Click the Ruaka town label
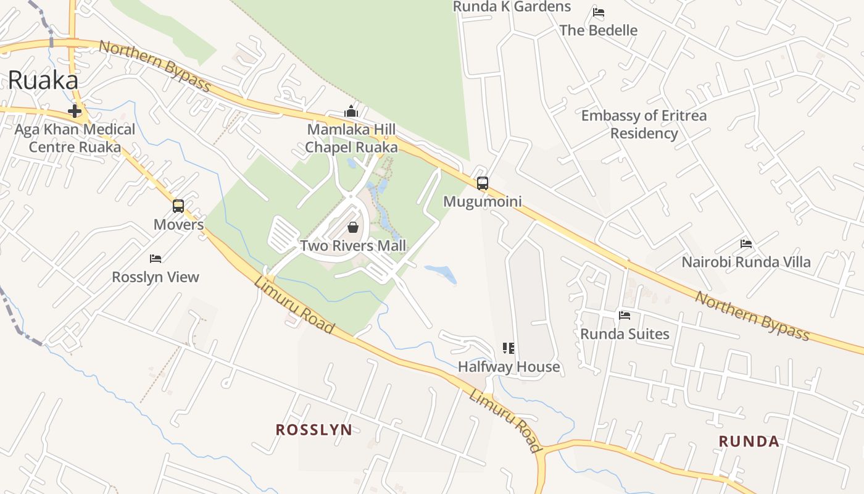coord(43,81)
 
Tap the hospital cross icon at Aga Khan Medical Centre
coord(75,112)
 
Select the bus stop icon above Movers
coord(178,206)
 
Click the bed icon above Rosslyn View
coord(156,259)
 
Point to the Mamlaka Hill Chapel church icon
coord(351,112)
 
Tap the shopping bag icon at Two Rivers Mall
coord(353,227)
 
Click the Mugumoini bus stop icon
coord(483,183)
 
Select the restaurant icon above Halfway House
coord(509,348)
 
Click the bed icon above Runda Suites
coord(625,316)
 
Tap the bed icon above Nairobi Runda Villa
coord(746,244)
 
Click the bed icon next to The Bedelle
coord(598,12)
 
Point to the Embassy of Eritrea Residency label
coord(644,124)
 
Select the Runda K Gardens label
coord(512,7)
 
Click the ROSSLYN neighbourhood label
coord(314,430)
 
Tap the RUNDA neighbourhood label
coord(749,442)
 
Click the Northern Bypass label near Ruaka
coord(155,66)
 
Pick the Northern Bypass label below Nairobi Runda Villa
coord(752,316)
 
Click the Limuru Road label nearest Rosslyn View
coord(294,306)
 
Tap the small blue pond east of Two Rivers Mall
coord(441,274)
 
